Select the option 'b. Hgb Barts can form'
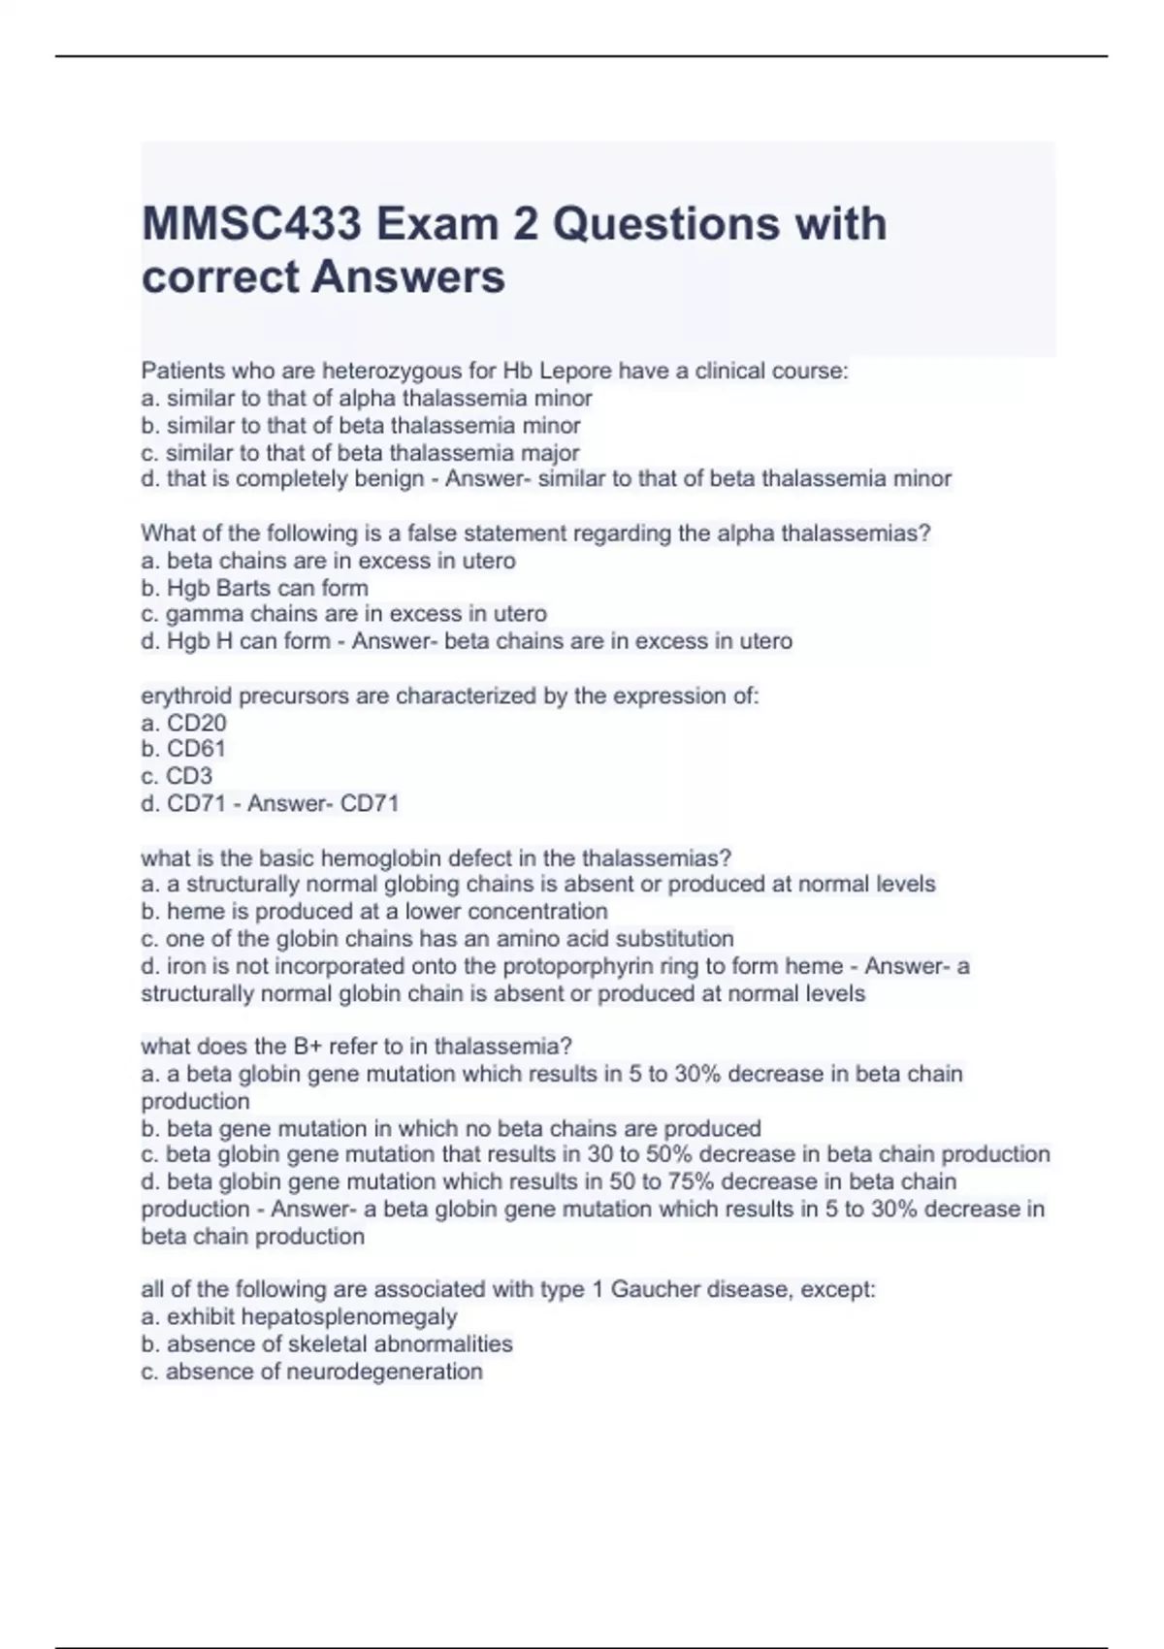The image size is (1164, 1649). tap(254, 588)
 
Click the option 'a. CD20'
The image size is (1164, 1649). tap(183, 723)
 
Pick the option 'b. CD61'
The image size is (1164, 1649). tap(183, 749)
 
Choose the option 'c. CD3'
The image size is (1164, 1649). tap(177, 776)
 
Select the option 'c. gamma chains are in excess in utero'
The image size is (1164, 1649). tap(343, 614)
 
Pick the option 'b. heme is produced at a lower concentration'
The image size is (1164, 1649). tap(374, 912)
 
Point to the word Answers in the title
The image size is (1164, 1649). tap(408, 276)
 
